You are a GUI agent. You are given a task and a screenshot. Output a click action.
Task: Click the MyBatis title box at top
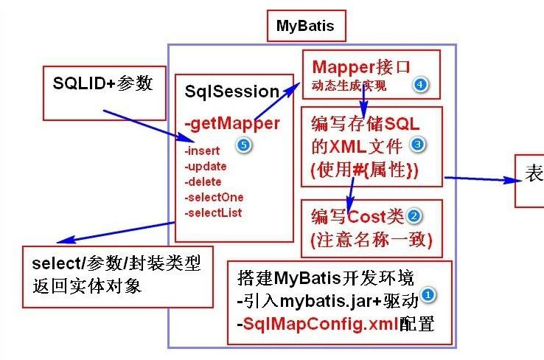tap(305, 27)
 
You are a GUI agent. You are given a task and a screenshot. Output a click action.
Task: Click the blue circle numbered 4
tap(420, 85)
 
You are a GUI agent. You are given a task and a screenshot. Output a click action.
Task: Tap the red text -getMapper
tap(232, 122)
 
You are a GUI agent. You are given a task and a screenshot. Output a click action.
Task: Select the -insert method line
tap(201, 151)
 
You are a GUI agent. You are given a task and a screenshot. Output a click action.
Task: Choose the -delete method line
tap(203, 181)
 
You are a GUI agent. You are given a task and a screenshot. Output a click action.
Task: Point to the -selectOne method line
tap(214, 197)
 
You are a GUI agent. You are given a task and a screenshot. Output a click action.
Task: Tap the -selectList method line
tap(214, 212)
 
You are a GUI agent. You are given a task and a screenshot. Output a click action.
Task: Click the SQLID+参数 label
tap(102, 83)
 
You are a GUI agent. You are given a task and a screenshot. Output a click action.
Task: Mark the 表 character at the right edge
tap(534, 173)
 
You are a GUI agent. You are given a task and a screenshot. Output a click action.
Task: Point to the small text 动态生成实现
tap(350, 86)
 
